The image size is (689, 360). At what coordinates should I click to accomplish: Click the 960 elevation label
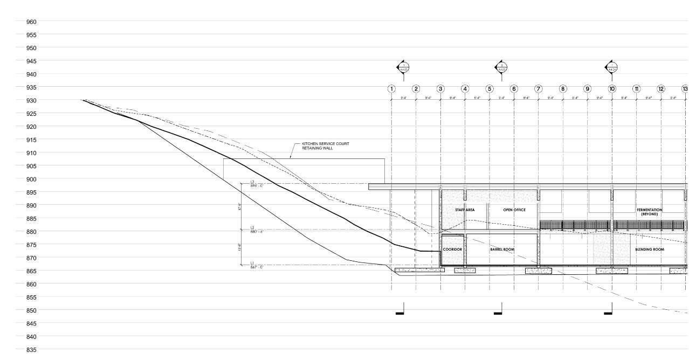(31, 22)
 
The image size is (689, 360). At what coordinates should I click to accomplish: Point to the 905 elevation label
(31, 166)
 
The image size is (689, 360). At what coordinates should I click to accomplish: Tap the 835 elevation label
(31, 350)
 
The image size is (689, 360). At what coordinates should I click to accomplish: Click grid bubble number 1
(391, 89)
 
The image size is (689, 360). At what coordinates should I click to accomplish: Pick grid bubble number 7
(538, 89)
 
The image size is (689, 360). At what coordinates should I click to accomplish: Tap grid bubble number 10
(612, 89)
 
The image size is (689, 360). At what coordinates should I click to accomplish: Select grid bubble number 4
(465, 89)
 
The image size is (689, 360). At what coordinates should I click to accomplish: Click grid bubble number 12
(660, 89)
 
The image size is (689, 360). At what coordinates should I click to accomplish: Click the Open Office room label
(514, 210)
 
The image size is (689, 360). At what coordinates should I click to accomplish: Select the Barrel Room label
(502, 250)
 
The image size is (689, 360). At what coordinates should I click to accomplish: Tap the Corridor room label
(452, 250)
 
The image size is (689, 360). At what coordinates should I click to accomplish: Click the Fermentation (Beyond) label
(649, 212)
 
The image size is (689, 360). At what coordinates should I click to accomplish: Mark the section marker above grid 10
(611, 68)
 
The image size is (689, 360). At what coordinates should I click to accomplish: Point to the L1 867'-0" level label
(256, 265)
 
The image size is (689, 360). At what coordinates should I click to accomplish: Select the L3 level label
(256, 184)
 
